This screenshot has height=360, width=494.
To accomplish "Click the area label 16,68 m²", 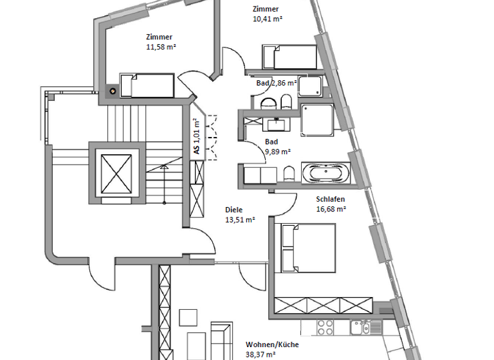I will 331,209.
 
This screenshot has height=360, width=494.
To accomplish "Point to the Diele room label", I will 234,210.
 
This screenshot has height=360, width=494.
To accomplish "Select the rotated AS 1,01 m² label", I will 196,136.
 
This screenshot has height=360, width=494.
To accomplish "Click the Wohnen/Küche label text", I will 267,345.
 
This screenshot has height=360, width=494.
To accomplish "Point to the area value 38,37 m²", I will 261,354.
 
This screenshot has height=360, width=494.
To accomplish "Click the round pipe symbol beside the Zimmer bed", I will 113,91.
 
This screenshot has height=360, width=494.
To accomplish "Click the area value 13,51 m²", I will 240,219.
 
